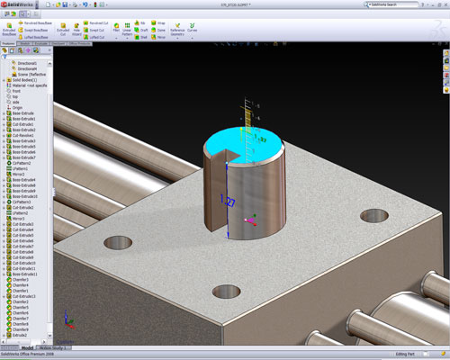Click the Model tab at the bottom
pyautogui.click(x=27, y=346)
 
